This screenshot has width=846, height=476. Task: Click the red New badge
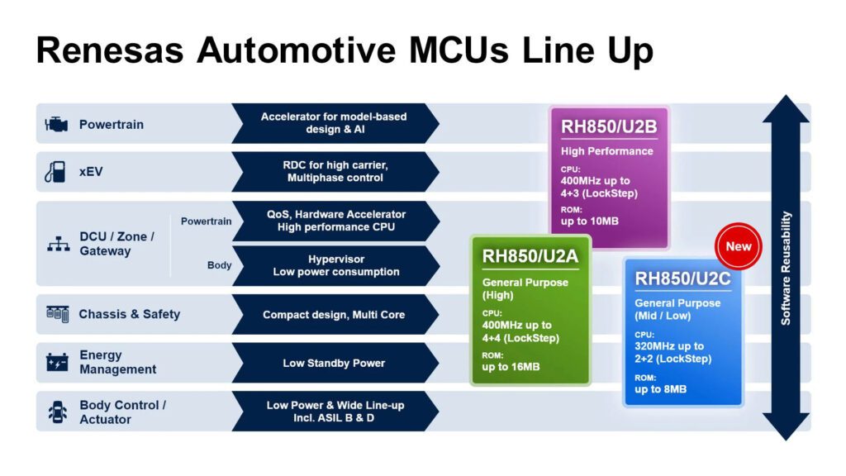tap(738, 246)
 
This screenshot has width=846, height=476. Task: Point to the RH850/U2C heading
tap(682, 279)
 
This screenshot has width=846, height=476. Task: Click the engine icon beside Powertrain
tap(56, 125)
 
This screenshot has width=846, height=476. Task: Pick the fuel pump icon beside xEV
tap(55, 172)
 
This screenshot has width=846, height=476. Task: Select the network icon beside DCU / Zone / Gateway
tap(58, 245)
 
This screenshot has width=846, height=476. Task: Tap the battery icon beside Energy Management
tap(57, 363)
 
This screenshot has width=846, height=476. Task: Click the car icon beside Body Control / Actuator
tap(57, 412)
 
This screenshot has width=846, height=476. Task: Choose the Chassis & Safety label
tap(129, 314)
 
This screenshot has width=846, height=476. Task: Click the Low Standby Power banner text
tap(334, 363)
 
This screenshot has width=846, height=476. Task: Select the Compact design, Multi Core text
tap(334, 315)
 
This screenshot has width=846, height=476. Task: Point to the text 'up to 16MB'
tap(511, 366)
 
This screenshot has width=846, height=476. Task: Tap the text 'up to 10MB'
tap(589, 221)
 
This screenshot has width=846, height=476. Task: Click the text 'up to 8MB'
tap(660, 389)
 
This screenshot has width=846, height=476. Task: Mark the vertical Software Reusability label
tap(786, 268)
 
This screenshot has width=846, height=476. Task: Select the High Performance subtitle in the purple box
tap(606, 151)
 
